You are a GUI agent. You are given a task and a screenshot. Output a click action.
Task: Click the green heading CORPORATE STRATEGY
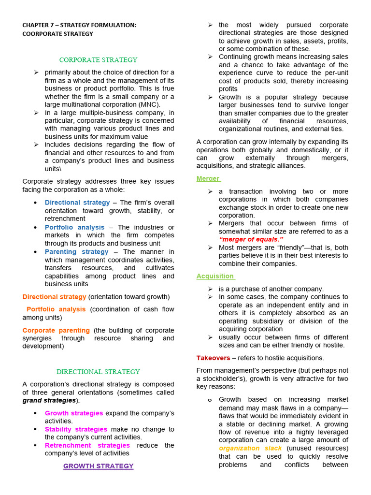[x=98, y=60]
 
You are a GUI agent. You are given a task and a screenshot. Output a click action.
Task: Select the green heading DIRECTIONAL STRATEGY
[x=98, y=372]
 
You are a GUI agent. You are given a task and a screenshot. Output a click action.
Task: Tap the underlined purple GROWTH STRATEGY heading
[x=98, y=466]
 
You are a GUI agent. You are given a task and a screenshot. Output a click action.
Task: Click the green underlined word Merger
[x=208, y=178]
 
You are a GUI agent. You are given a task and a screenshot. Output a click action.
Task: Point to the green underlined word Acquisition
[x=215, y=276]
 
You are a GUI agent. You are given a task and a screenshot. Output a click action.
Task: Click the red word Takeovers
[x=213, y=358]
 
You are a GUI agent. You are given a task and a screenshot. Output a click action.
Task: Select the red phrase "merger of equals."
[x=251, y=239]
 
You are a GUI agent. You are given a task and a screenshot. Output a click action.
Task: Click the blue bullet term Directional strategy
[x=77, y=203]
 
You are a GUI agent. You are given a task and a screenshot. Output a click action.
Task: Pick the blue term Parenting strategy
[x=77, y=252]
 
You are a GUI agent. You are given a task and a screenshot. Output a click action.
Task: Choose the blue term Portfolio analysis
[x=74, y=227]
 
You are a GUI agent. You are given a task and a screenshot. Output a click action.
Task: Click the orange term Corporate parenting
[x=56, y=330]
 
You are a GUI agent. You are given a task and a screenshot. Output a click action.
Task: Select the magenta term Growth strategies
[x=74, y=413]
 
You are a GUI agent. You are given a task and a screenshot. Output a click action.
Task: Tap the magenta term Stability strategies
[x=76, y=429]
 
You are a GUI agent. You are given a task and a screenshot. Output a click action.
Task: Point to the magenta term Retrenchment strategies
[x=87, y=445]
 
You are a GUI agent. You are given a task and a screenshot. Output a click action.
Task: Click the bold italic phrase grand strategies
[x=49, y=400]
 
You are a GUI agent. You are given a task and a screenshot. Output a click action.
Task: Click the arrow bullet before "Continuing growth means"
[x=210, y=57]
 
